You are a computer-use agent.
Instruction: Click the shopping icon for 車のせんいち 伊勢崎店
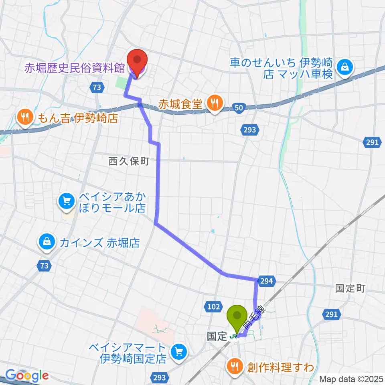[x=344, y=67]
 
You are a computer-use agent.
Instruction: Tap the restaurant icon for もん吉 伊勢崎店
[x=25, y=118]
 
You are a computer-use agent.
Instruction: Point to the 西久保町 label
[x=129, y=161]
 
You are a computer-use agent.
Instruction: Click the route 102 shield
[x=214, y=307]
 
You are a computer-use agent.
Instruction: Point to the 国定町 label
[x=350, y=288]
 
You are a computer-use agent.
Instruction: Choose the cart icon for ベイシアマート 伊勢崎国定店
[x=178, y=352]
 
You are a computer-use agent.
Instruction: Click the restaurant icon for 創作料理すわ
[x=235, y=366]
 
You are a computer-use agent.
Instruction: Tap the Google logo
[x=27, y=376]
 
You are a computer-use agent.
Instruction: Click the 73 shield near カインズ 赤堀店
[x=45, y=265]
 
